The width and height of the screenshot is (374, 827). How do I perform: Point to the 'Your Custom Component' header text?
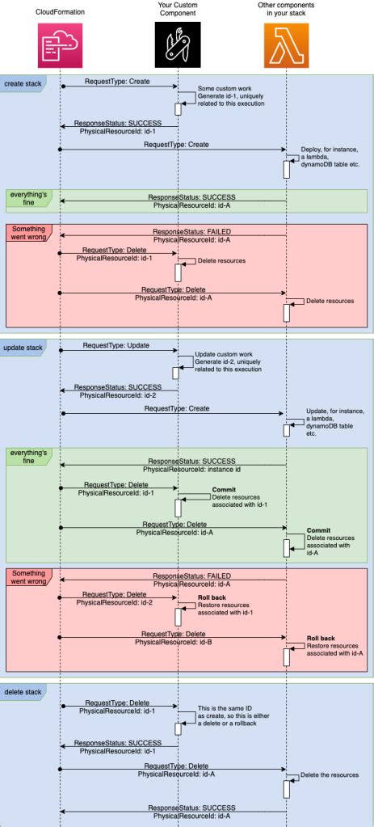pos(178,11)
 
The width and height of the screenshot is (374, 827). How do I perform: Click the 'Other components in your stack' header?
pos(286,11)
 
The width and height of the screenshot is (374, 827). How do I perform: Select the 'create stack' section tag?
pos(22,84)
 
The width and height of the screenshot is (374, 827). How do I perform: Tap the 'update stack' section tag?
pos(22,348)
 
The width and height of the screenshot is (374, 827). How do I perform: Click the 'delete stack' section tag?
pos(22,692)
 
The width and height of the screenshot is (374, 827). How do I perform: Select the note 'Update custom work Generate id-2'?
pos(229,365)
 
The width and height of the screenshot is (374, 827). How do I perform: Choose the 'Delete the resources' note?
pos(329,774)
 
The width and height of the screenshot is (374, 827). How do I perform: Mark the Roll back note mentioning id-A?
pos(333,649)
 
